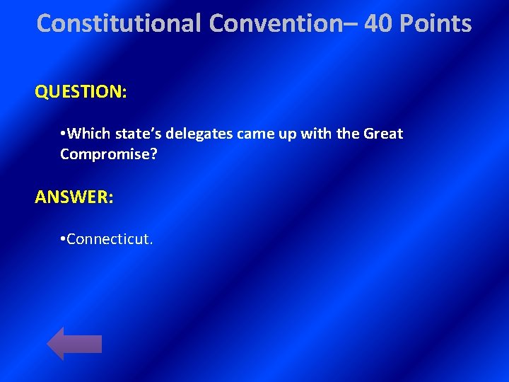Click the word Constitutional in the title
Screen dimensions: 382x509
tap(119, 23)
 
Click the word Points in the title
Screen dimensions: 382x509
tap(436, 23)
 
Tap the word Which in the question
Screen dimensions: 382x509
tap(87, 134)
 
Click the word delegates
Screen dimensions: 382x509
tap(197, 134)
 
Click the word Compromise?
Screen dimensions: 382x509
tap(108, 153)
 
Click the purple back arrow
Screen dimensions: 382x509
tap(74, 344)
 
